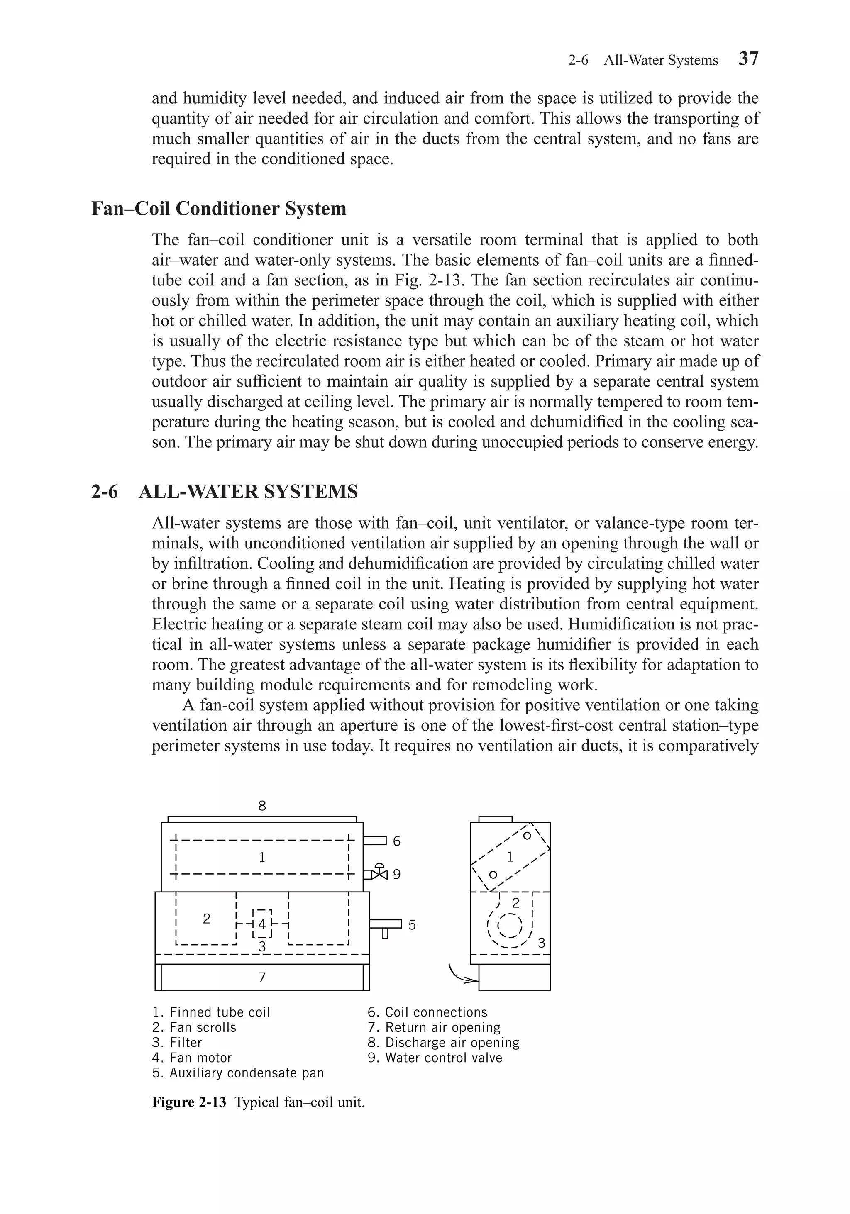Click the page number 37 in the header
(748, 59)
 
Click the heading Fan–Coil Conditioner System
(219, 208)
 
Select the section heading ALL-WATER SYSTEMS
(248, 492)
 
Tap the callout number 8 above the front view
(262, 806)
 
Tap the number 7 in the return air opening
(262, 978)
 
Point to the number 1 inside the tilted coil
(510, 857)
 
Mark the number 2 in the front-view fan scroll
(207, 919)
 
